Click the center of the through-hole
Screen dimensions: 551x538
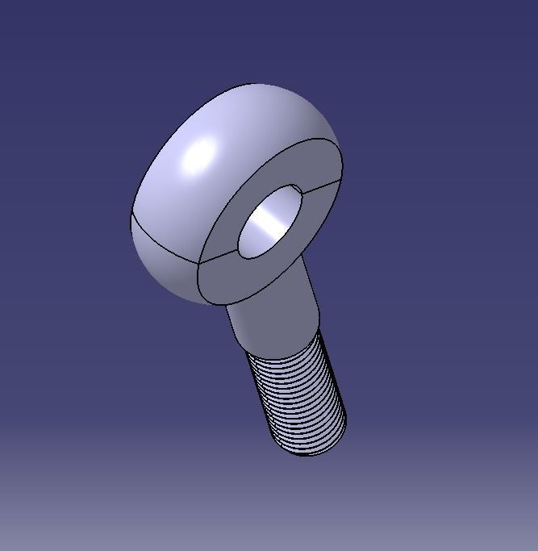coord(270,221)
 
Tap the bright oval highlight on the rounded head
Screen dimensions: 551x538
coord(201,154)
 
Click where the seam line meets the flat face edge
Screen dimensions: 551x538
coord(198,264)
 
